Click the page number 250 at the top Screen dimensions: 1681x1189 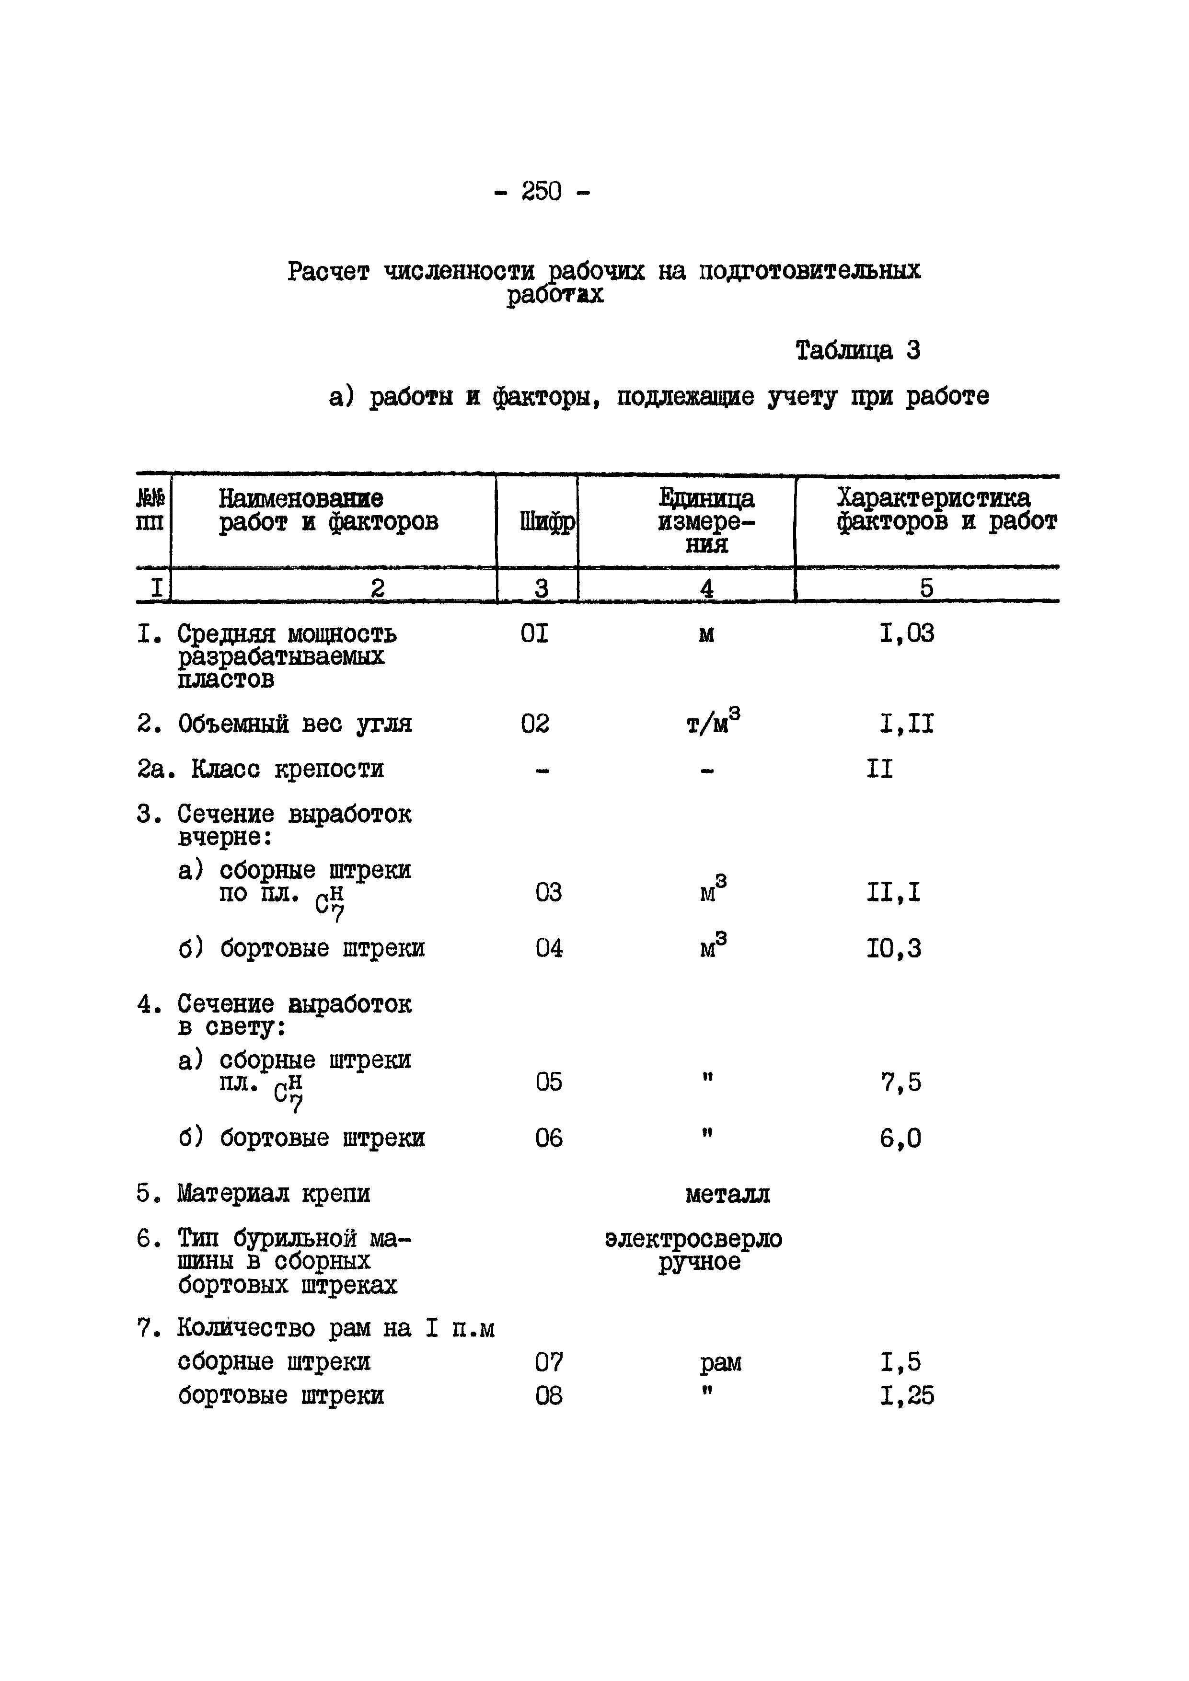pyautogui.click(x=542, y=192)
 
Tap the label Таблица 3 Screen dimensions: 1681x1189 pyautogui.click(x=857, y=351)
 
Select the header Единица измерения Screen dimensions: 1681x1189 pyautogui.click(x=706, y=521)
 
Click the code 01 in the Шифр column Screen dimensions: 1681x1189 pyautogui.click(x=534, y=633)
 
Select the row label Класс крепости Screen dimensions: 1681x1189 pyautogui.click(x=287, y=770)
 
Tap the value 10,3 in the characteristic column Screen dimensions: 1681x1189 pyautogui.click(x=894, y=949)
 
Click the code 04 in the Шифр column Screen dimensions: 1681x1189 pyautogui.click(x=549, y=949)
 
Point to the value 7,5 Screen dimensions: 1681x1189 pyautogui.click(x=900, y=1082)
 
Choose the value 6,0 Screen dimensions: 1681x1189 pyautogui.click(x=900, y=1139)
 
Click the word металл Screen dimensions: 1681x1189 pyautogui.click(x=727, y=1194)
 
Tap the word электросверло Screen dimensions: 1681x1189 pyautogui.click(x=693, y=1239)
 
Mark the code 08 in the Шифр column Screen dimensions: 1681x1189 pyautogui.click(x=549, y=1397)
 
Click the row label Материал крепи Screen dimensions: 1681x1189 pyautogui.click(x=274, y=1194)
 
